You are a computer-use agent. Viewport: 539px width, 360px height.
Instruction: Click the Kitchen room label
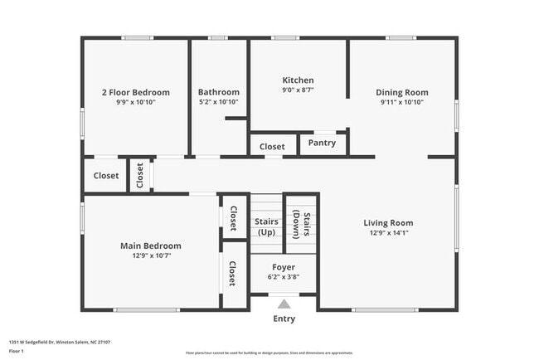(x=298, y=80)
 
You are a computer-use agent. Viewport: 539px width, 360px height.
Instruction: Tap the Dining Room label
(x=401, y=92)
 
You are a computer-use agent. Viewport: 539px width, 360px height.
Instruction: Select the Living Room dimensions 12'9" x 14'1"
(x=388, y=233)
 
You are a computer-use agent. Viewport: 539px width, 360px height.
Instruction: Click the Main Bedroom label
(x=151, y=246)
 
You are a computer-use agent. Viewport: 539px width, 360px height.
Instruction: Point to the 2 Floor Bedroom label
(x=135, y=92)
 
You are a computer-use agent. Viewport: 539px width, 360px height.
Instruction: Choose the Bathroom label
(x=219, y=92)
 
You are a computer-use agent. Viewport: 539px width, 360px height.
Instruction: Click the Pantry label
(x=322, y=143)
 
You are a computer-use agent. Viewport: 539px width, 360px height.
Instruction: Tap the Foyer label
(x=284, y=267)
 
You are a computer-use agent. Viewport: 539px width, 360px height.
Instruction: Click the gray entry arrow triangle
(x=284, y=304)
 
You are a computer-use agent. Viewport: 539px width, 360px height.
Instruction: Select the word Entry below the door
(x=284, y=319)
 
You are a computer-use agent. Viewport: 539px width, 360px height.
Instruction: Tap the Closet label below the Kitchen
(x=272, y=146)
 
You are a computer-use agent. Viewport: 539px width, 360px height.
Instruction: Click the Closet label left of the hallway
(x=106, y=176)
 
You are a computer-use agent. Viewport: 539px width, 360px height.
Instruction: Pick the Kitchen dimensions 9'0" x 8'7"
(x=298, y=90)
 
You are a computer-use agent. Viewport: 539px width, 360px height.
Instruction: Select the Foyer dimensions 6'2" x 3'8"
(x=284, y=277)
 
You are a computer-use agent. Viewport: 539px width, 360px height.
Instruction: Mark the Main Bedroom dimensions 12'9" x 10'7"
(x=151, y=255)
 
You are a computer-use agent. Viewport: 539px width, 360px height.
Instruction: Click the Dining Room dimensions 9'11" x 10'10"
(x=401, y=102)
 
